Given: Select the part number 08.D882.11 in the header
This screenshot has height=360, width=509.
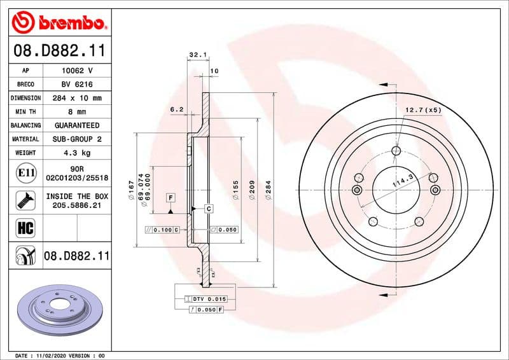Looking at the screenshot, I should click(59, 50).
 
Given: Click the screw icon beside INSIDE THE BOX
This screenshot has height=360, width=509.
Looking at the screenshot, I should click(25, 201).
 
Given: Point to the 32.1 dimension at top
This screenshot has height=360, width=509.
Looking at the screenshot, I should click(198, 55).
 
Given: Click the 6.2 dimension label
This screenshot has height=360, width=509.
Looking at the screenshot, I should click(177, 109).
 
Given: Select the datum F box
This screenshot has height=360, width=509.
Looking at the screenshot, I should click(171, 197).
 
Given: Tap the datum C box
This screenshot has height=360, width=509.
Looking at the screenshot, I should click(208, 209).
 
